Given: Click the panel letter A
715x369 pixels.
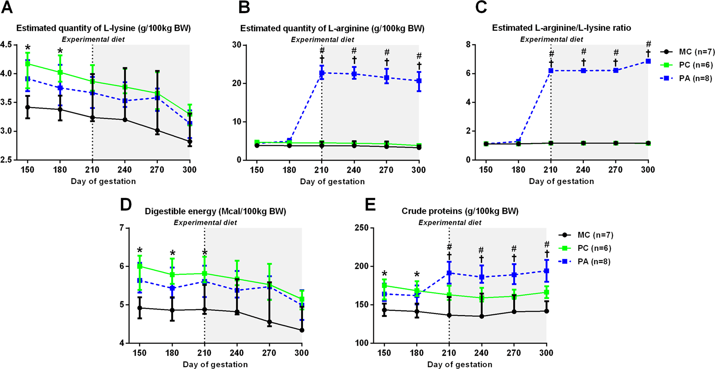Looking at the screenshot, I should coord(7,8).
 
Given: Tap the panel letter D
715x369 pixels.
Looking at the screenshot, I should coord(126,204).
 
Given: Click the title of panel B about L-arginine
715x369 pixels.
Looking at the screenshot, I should coord(332,28).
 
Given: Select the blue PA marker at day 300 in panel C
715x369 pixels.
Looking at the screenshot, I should coord(648,61).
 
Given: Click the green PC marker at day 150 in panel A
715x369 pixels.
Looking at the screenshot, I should coord(28,64).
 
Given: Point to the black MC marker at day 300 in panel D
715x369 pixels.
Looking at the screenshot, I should coord(302,330).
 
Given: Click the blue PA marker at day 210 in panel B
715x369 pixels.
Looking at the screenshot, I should coord(322,73).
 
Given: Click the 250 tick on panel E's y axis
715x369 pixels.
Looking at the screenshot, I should coord(362,228).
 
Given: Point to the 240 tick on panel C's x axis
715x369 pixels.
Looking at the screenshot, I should coord(583,170).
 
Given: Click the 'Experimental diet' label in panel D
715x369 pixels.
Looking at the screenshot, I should coord(205,222).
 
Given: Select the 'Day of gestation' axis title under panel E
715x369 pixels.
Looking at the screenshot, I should coord(460,364).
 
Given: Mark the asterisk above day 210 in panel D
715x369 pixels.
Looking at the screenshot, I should coord(204,253).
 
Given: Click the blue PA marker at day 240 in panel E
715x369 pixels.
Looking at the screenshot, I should coord(482,277).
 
